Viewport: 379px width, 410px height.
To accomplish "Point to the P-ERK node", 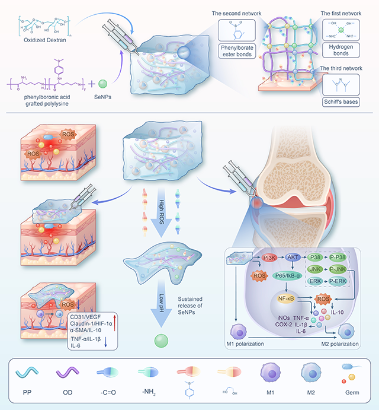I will tap(342, 282).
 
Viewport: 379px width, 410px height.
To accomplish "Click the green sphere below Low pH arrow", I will tap(161, 341).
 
